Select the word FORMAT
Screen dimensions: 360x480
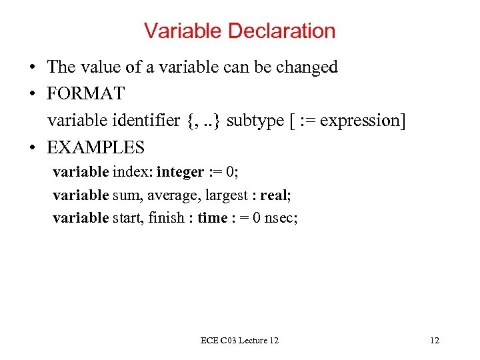click(87, 93)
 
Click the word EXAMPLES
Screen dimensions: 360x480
click(95, 147)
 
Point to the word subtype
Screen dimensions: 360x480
click(253, 121)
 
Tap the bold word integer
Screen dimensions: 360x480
click(180, 172)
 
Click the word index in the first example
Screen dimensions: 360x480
click(132, 172)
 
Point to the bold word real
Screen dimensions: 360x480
click(273, 195)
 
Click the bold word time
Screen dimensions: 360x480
click(213, 217)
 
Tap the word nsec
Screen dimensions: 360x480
click(280, 217)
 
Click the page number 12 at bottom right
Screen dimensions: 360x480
click(435, 341)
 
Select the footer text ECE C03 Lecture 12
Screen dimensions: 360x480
click(239, 341)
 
